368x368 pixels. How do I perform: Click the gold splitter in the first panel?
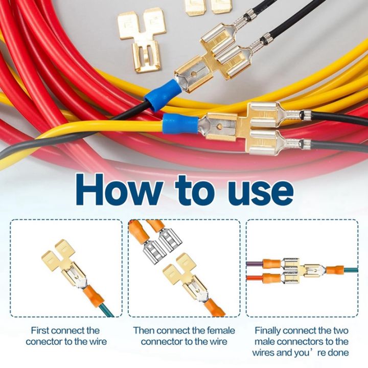pos(64,261)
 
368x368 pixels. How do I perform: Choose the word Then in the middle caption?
pos(144,331)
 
